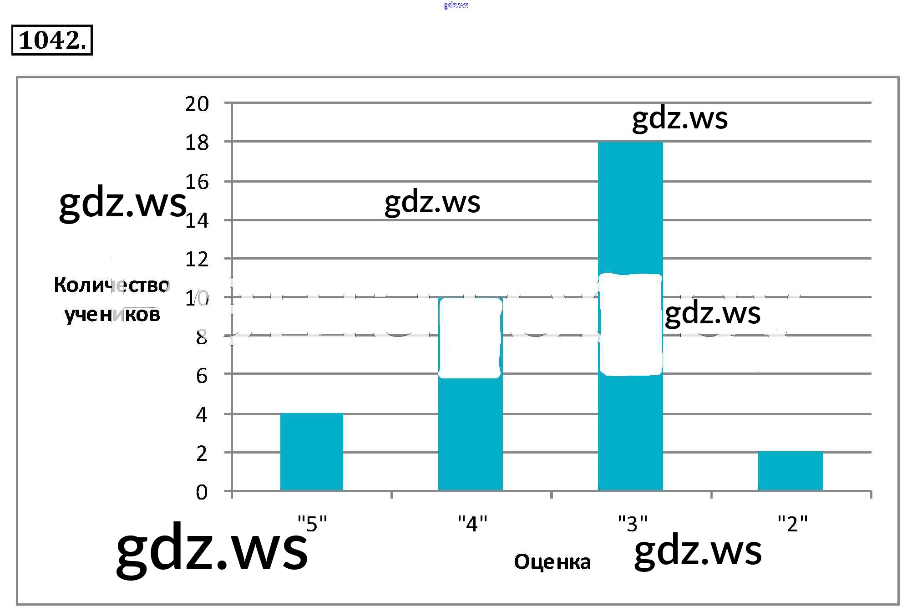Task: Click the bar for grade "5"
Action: pyautogui.click(x=312, y=452)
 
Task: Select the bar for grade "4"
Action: pyautogui.click(x=471, y=433)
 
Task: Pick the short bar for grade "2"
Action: pyautogui.click(x=790, y=471)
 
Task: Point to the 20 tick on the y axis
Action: pyautogui.click(x=197, y=104)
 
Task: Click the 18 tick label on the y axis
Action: pyautogui.click(x=197, y=143)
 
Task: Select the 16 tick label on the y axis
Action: pyautogui.click(x=197, y=182)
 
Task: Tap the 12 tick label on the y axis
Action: pyautogui.click(x=197, y=260)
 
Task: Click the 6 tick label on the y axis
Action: pyautogui.click(x=202, y=376)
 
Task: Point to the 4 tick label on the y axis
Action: pyautogui.click(x=202, y=415)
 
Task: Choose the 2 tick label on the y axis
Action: pyautogui.click(x=202, y=454)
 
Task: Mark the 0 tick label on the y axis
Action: pyautogui.click(x=202, y=492)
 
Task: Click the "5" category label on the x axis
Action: pyautogui.click(x=312, y=524)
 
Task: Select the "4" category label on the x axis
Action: pyautogui.click(x=472, y=524)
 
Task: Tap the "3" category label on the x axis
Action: pyautogui.click(x=633, y=524)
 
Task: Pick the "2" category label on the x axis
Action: pyautogui.click(x=792, y=524)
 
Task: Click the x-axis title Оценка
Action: pyautogui.click(x=552, y=562)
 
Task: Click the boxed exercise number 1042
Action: pyautogui.click(x=52, y=40)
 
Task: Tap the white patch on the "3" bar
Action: pyautogui.click(x=631, y=325)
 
